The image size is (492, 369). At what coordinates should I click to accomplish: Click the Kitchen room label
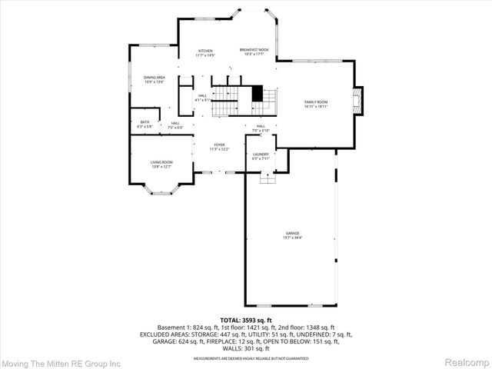coord(205,51)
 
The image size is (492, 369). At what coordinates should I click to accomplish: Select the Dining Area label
coord(155,78)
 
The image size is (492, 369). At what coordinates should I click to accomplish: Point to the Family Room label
coord(316,102)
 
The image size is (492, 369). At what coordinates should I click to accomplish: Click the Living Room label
coord(161,162)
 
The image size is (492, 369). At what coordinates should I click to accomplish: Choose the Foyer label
coord(219,145)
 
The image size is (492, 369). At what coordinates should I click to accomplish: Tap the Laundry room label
coord(260,155)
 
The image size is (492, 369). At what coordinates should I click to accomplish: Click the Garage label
coord(292,233)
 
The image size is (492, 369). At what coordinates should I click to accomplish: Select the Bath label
coord(145,122)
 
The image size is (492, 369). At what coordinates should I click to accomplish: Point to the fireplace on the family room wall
coord(357,100)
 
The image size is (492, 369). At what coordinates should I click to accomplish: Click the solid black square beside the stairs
coord(258,91)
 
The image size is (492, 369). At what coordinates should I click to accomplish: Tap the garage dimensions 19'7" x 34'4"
coord(292,238)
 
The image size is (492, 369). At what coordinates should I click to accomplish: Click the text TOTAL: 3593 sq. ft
coord(246,320)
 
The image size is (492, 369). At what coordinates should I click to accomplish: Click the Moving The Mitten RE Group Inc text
coord(61,362)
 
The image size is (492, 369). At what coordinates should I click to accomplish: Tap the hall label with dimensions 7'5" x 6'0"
coord(175,125)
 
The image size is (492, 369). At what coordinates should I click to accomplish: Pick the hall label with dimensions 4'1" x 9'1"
coord(203,98)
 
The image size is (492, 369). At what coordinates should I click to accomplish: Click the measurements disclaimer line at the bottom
coord(246,358)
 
